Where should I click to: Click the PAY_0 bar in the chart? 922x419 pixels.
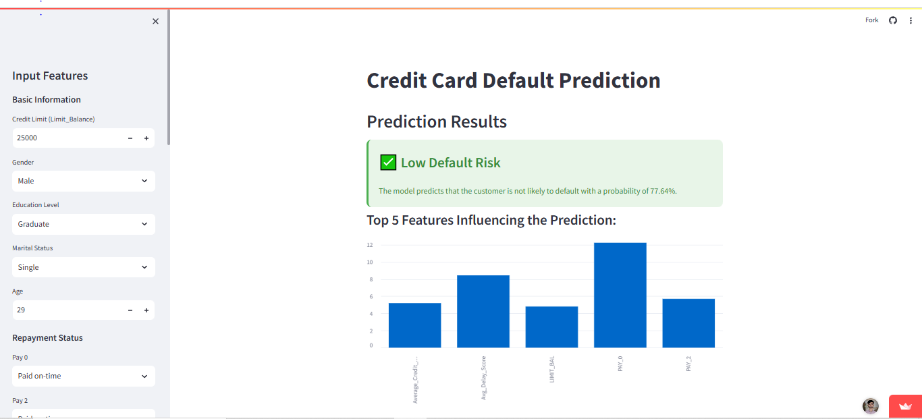(620, 296)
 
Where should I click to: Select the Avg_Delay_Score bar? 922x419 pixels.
(483, 312)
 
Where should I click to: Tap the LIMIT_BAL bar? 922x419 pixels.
(551, 327)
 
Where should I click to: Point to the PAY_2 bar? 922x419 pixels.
(688, 323)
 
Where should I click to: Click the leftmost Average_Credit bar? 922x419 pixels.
(414, 325)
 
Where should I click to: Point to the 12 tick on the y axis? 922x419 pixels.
(370, 245)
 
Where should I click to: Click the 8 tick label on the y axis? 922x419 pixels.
(370, 279)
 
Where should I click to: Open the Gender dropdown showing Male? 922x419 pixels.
(83, 181)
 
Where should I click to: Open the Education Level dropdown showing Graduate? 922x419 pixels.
(83, 224)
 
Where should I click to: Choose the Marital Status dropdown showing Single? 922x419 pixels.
(83, 267)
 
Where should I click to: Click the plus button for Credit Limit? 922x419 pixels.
(146, 138)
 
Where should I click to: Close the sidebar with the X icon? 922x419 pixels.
(155, 22)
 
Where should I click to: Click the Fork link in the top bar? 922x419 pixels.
(871, 20)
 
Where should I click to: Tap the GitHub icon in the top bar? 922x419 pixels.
(892, 20)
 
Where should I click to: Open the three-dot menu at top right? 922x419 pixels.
(911, 20)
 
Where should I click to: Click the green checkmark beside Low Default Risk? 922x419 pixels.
(388, 163)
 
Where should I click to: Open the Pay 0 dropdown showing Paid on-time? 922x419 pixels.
(83, 376)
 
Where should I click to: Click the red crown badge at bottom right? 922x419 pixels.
(905, 406)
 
